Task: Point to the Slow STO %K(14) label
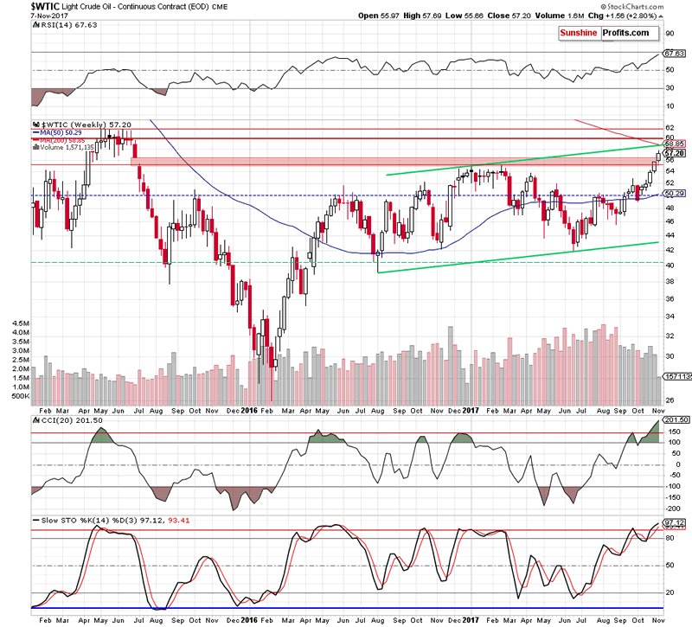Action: [66, 521]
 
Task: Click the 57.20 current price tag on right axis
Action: [674, 153]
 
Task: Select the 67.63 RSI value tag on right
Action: [674, 54]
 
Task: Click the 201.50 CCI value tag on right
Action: [674, 419]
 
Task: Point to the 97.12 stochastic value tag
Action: [674, 523]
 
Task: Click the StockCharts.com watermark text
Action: [659, 6]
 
